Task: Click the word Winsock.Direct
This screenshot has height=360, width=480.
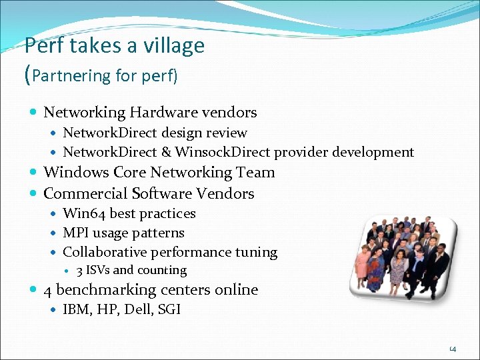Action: tap(223, 152)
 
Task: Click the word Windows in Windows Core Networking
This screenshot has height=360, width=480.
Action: tap(74, 172)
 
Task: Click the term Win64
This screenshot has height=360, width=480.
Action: tap(84, 213)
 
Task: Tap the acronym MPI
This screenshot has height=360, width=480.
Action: tap(75, 233)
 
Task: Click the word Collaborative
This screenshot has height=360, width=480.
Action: tap(105, 252)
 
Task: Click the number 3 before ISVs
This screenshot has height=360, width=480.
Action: tap(79, 271)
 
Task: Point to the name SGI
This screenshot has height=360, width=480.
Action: tap(169, 309)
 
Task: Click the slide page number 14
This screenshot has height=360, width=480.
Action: tap(452, 348)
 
